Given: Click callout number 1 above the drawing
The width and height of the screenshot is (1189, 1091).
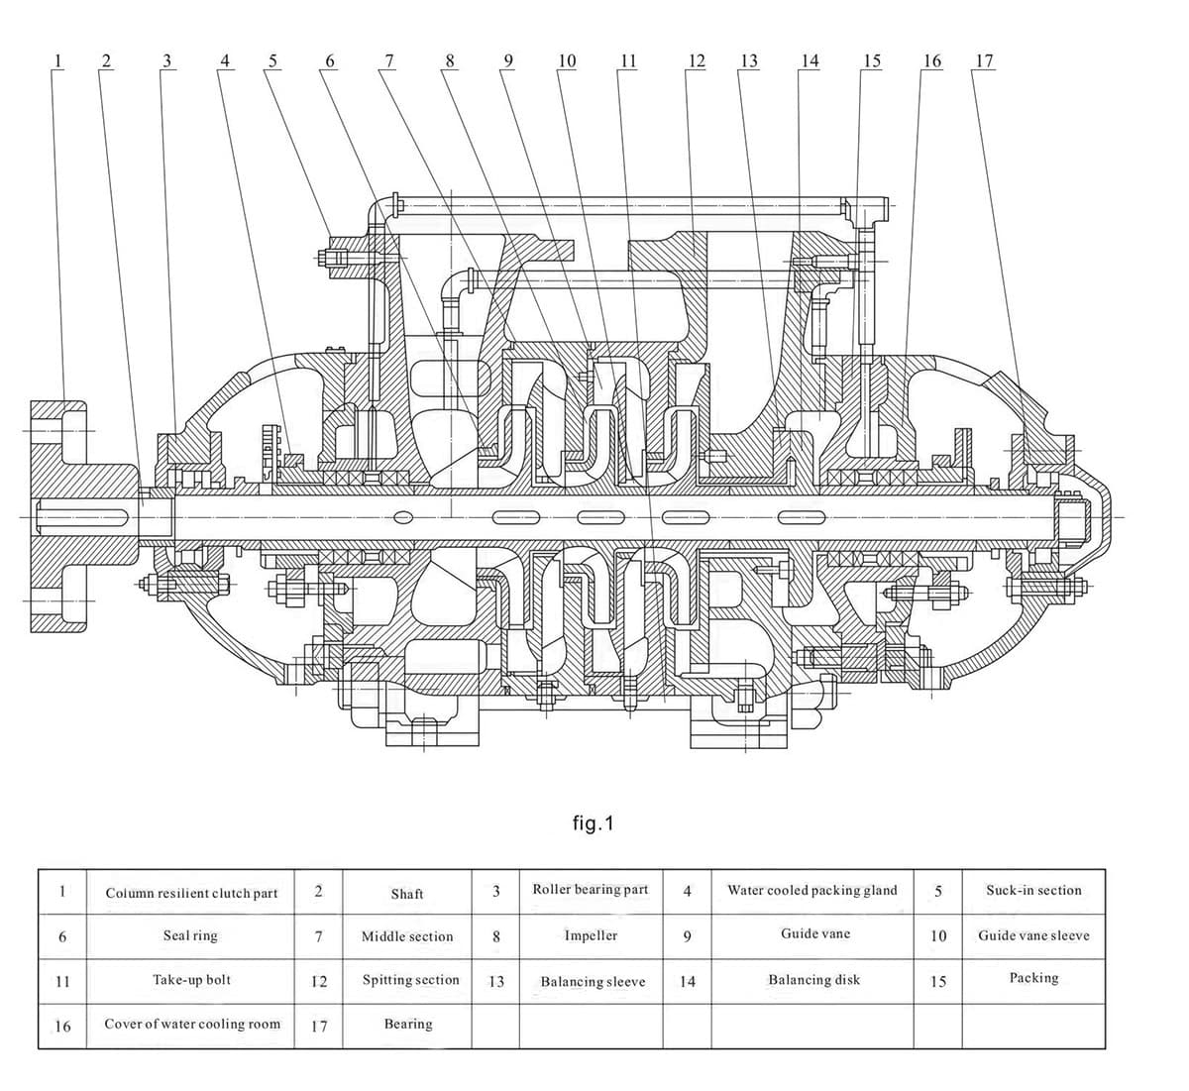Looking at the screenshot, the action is tap(57, 60).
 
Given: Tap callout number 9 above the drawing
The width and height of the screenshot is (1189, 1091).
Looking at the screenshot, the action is tap(508, 60).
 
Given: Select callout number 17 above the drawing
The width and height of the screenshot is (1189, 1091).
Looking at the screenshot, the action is tap(985, 60).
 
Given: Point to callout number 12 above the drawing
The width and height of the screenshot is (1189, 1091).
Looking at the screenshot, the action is tap(697, 60).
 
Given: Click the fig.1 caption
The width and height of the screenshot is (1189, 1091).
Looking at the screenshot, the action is tap(594, 823).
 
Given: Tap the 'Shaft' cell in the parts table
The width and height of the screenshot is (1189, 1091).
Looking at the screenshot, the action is tap(407, 894).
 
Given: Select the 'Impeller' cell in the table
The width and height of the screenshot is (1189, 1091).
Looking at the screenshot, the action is tap(591, 935).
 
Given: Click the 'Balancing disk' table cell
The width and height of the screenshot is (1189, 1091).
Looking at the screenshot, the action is tap(813, 980).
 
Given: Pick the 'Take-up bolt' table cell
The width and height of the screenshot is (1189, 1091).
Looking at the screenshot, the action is tap(191, 980).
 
